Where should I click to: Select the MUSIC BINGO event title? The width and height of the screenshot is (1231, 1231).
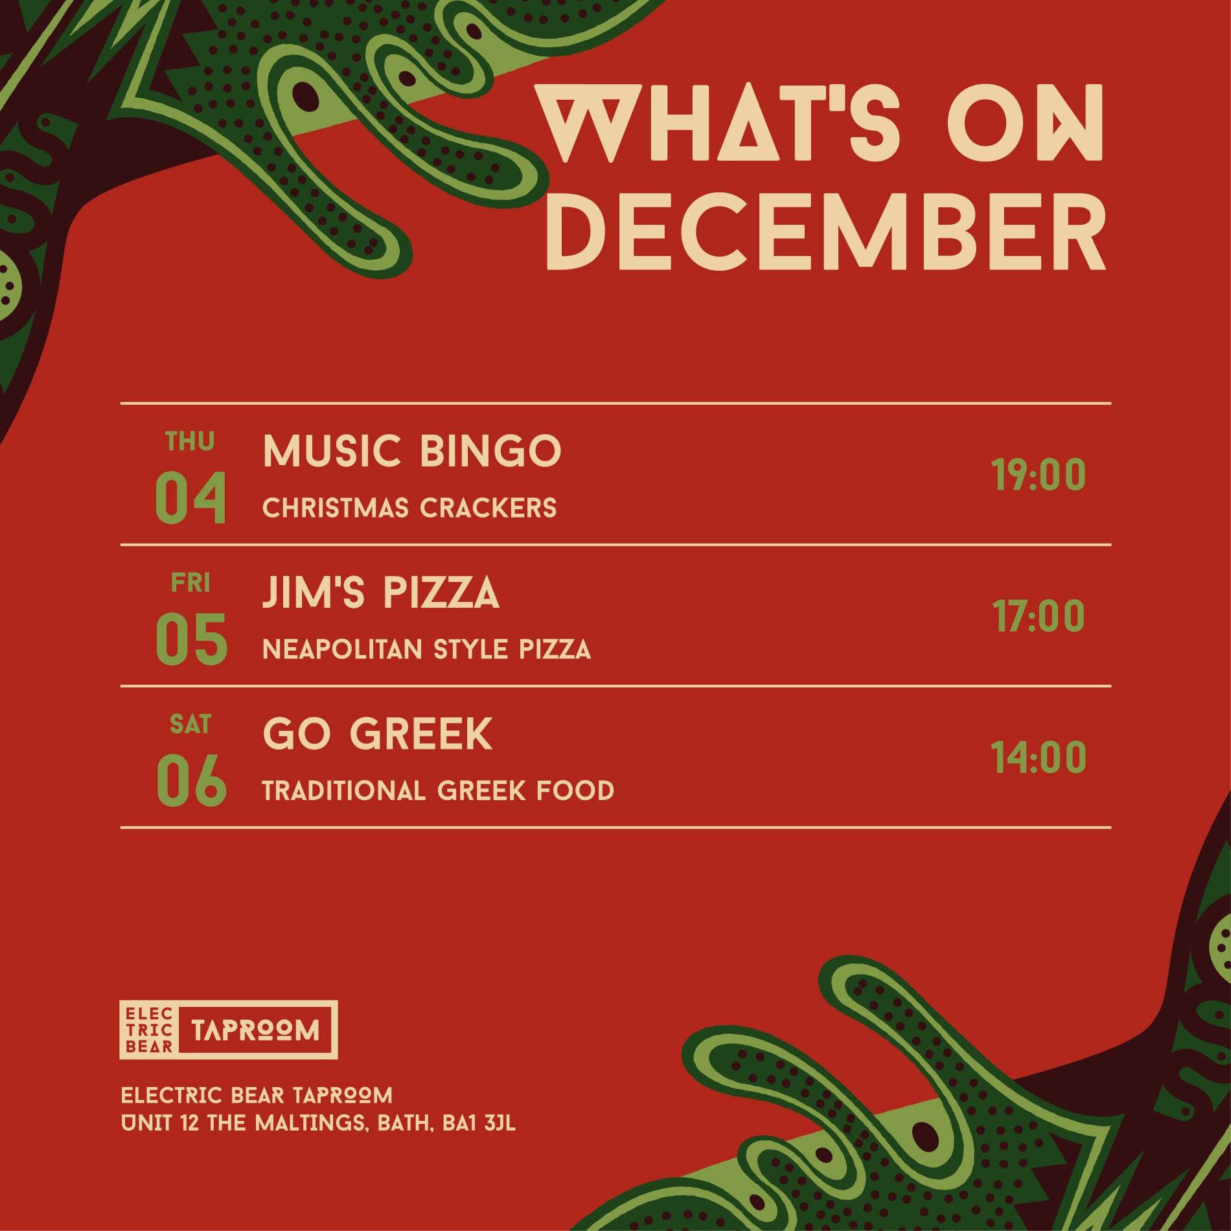pyautogui.click(x=412, y=451)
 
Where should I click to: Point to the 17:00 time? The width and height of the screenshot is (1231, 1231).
pyautogui.click(x=1039, y=616)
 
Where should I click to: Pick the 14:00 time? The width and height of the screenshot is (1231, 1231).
pyautogui.click(x=1039, y=757)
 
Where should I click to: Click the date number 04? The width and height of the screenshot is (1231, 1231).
pyautogui.click(x=191, y=498)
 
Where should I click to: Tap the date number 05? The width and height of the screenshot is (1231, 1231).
pyautogui.click(x=191, y=639)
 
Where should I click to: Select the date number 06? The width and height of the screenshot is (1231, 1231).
pyautogui.click(x=191, y=781)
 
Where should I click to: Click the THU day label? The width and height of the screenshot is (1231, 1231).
pyautogui.click(x=190, y=442)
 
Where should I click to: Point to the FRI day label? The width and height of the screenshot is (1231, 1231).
pyautogui.click(x=190, y=584)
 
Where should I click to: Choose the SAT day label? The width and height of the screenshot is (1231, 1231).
pyautogui.click(x=190, y=725)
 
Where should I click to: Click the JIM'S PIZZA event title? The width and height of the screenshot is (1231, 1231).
pyautogui.click(x=381, y=593)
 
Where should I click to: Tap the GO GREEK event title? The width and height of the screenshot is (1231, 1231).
pyautogui.click(x=378, y=735)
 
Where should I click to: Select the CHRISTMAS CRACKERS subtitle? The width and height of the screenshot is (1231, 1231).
pyautogui.click(x=409, y=508)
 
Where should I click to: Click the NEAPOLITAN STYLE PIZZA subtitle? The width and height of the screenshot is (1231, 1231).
pyautogui.click(x=427, y=649)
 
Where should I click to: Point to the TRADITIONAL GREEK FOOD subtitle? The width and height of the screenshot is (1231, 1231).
pyautogui.click(x=439, y=790)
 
